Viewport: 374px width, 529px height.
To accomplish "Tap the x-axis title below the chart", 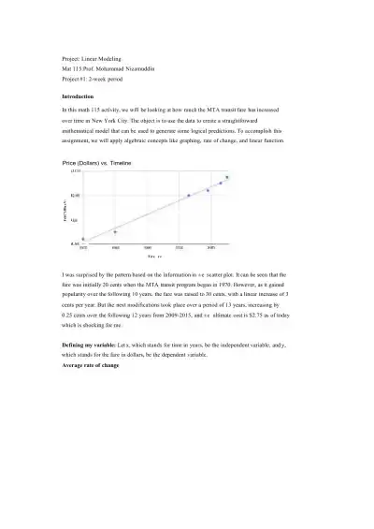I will [x=154, y=257].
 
